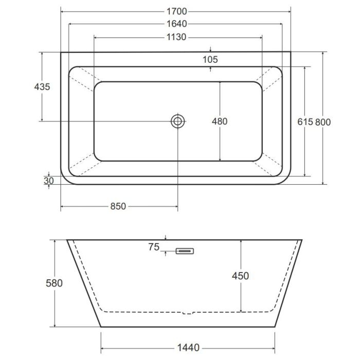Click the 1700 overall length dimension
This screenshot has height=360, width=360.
pyautogui.click(x=176, y=11)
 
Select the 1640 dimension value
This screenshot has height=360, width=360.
pyautogui.click(x=176, y=24)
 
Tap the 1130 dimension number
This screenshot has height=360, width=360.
pyautogui.click(x=176, y=37)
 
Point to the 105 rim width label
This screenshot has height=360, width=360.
pyautogui.click(x=210, y=60)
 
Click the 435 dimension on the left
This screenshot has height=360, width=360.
pyautogui.click(x=42, y=87)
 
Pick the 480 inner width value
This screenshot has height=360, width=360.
pyautogui.click(x=220, y=121)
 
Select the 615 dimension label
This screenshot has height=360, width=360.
pyautogui.click(x=305, y=122)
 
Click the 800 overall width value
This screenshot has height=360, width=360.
pyautogui.click(x=323, y=122)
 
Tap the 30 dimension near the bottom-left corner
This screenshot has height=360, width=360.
pyautogui.click(x=49, y=181)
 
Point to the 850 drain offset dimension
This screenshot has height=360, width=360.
pyautogui.click(x=118, y=206)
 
